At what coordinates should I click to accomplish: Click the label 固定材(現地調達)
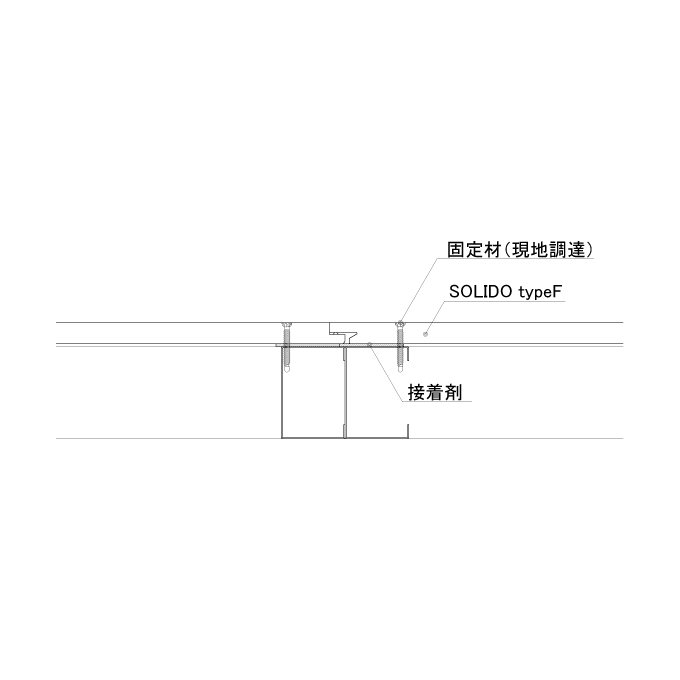(x=520, y=250)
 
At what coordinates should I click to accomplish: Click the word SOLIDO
(x=481, y=292)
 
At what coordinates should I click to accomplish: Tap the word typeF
(x=540, y=293)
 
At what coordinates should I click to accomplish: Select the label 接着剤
(x=435, y=392)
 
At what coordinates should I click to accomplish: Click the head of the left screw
(x=286, y=325)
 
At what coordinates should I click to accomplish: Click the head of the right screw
(x=400, y=324)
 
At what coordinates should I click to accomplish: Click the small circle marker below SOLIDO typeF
(x=425, y=334)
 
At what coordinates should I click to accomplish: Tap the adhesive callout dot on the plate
(x=369, y=344)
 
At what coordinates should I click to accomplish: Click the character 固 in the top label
(x=456, y=250)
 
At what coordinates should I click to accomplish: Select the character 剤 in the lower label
(x=454, y=392)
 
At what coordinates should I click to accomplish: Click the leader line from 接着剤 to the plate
(x=386, y=373)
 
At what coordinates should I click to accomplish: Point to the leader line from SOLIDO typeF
(x=436, y=317)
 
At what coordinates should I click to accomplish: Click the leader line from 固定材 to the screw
(x=419, y=291)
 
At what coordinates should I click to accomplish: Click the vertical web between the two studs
(x=345, y=392)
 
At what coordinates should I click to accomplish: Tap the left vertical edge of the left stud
(x=282, y=392)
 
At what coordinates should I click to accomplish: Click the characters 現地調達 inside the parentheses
(x=549, y=250)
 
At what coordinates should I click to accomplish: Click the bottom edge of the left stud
(x=313, y=438)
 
